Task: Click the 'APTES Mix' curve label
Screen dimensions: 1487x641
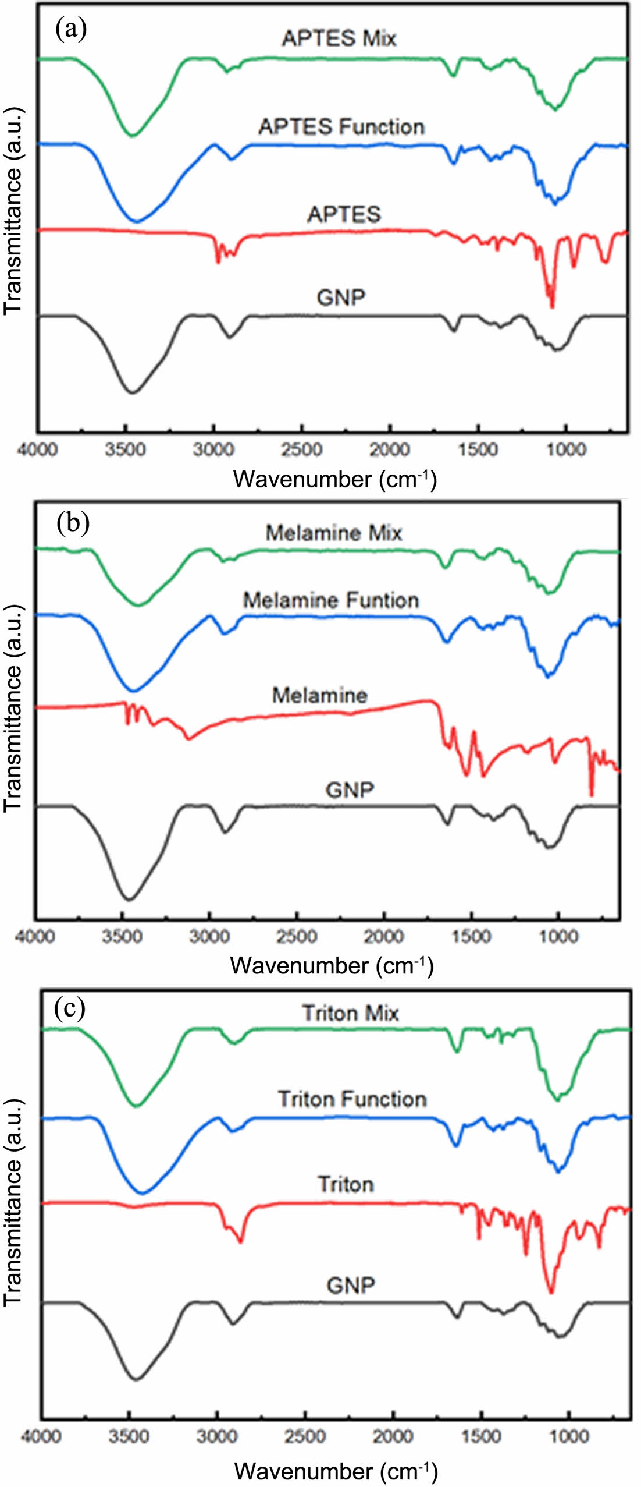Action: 339,38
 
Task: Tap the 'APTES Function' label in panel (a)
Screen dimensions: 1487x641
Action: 341,126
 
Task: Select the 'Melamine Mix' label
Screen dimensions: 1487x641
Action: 333,533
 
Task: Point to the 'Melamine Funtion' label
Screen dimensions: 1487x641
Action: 330,600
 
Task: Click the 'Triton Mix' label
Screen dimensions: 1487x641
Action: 350,1013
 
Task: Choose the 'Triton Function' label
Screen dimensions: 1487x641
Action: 352,1099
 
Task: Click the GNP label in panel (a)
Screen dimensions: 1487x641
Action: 341,298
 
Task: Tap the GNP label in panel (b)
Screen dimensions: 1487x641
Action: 350,790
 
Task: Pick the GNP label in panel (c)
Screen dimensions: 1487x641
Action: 350,1285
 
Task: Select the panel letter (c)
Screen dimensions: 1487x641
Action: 69,1008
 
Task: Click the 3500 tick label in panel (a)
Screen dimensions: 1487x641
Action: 126,450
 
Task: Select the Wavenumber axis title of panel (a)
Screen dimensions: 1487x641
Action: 334,479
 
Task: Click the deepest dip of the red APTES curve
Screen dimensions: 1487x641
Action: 552,306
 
